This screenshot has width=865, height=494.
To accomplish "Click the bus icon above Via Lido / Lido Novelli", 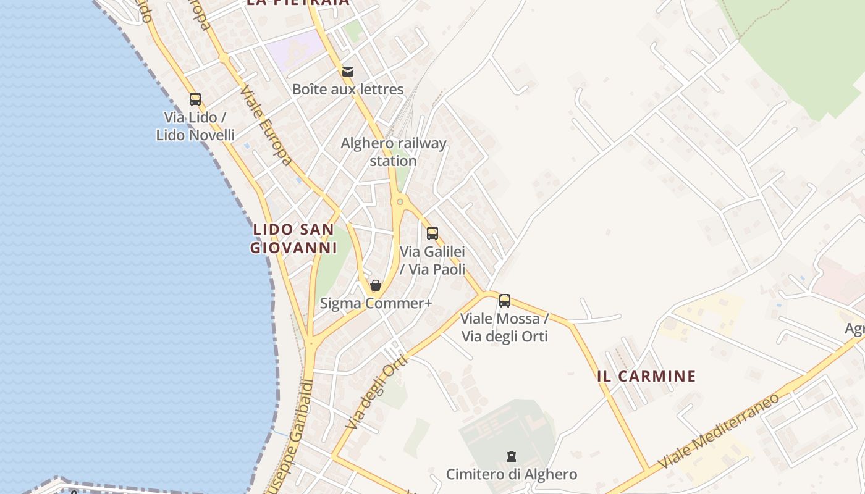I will coord(195,99).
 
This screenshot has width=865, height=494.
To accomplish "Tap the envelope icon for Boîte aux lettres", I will coord(348,72).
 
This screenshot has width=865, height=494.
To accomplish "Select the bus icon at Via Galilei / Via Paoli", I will coord(432,233).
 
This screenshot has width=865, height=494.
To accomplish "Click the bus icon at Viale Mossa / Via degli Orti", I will coord(505,301).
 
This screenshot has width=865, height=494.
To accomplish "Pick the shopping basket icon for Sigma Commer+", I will coord(375,285).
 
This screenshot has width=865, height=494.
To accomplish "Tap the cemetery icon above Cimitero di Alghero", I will coord(512,456).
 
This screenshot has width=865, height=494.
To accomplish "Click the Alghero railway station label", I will coord(394,152).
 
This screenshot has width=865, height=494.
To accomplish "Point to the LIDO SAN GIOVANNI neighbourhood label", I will coord(293,238).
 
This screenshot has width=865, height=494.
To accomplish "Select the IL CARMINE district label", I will coord(646,376).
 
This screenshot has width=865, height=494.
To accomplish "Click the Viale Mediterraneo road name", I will coord(719,431).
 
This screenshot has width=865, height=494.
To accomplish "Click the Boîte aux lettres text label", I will coord(348,90).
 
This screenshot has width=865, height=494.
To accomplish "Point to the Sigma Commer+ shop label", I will coord(376,303).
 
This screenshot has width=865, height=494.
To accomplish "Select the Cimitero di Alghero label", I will coord(512,474).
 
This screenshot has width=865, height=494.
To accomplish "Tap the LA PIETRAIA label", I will coord(298,2).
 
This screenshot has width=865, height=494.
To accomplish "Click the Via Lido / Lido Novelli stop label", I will coord(195,126).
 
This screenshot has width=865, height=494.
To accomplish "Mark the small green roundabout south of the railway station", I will coord(400,201).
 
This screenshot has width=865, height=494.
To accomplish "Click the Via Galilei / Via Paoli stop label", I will coord(432,261).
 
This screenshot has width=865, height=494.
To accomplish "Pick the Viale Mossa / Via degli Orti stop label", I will coord(504,328).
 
